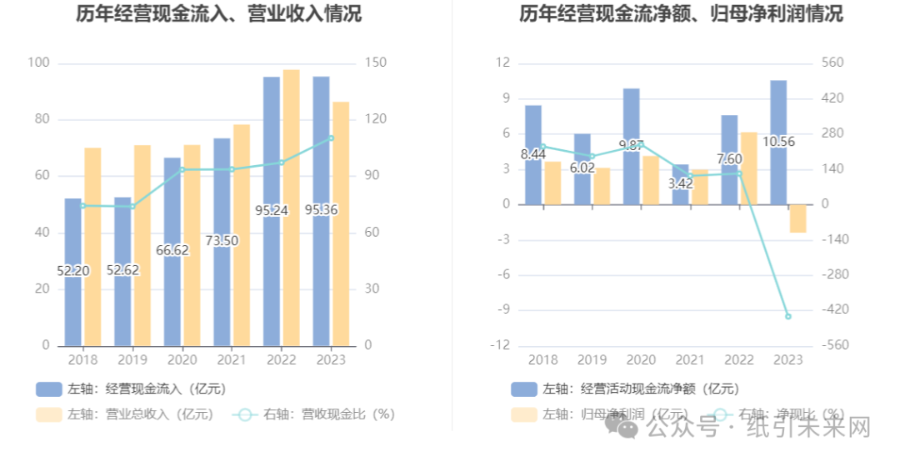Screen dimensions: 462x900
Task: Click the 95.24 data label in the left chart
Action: coord(271,210)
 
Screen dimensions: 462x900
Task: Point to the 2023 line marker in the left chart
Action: coord(331,138)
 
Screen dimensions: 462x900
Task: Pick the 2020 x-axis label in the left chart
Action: coord(182,359)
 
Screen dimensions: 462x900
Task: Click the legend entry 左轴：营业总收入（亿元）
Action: coord(124,414)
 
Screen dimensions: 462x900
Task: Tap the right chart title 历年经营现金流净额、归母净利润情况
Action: coord(681,14)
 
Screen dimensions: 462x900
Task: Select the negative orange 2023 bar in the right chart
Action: coord(797,218)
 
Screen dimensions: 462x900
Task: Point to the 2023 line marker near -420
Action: coord(787,317)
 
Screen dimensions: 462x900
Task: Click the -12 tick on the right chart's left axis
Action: coord(502,345)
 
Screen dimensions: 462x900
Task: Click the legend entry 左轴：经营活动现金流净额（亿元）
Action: coord(624,389)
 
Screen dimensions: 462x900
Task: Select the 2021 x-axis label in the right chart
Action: coord(689,359)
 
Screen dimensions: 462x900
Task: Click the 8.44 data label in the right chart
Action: coord(533,154)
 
